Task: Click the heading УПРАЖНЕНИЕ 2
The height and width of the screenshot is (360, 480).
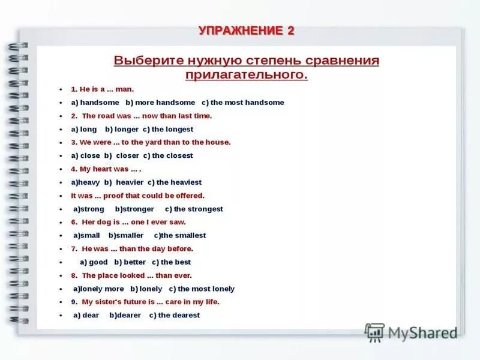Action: click(x=246, y=31)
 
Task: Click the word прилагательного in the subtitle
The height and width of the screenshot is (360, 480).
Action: click(x=246, y=74)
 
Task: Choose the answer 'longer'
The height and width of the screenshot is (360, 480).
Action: click(x=126, y=129)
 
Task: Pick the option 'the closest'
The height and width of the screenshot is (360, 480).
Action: click(x=172, y=155)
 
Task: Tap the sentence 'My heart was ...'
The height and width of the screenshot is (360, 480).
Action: click(x=106, y=169)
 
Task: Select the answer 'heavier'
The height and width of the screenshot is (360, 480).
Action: click(x=130, y=182)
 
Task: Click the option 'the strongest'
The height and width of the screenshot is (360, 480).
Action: click(x=198, y=209)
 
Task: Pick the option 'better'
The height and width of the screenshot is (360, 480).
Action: click(x=134, y=262)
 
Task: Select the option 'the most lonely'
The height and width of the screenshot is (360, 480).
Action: click(x=206, y=289)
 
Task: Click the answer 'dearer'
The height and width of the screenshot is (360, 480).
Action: click(x=127, y=315)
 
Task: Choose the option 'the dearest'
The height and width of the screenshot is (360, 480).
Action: click(x=179, y=315)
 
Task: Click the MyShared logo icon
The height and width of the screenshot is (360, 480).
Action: click(x=375, y=332)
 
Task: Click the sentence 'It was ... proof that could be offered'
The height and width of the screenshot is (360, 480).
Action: click(x=137, y=196)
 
